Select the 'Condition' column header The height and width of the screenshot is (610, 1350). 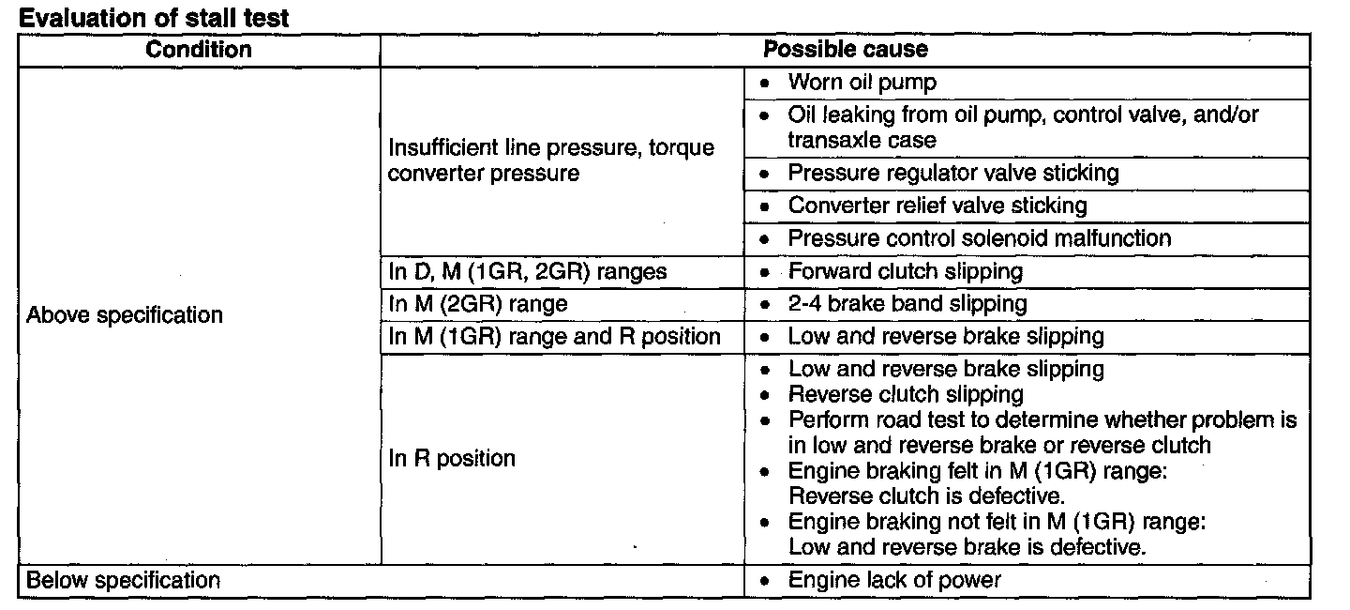point(199,50)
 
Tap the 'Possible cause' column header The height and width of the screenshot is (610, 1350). point(845,50)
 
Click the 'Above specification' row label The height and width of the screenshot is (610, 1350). point(125,315)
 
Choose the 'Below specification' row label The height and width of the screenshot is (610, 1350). point(123,580)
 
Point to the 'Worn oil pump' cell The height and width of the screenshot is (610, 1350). point(862,83)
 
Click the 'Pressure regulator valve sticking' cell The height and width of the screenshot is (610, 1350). point(952,174)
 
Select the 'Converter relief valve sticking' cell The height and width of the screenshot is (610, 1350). point(937,206)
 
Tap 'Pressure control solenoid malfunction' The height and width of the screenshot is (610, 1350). point(979,238)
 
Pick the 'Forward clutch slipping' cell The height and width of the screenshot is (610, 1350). point(905,271)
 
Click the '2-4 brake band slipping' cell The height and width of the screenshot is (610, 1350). point(907,304)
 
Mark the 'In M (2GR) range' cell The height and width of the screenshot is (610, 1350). point(478,304)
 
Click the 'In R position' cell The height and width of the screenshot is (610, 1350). point(452,459)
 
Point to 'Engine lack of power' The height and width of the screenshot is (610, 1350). point(894,580)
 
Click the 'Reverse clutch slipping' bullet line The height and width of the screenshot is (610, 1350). point(906,394)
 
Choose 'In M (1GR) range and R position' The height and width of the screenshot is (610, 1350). point(554,336)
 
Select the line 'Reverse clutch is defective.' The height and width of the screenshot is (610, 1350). point(926,496)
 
